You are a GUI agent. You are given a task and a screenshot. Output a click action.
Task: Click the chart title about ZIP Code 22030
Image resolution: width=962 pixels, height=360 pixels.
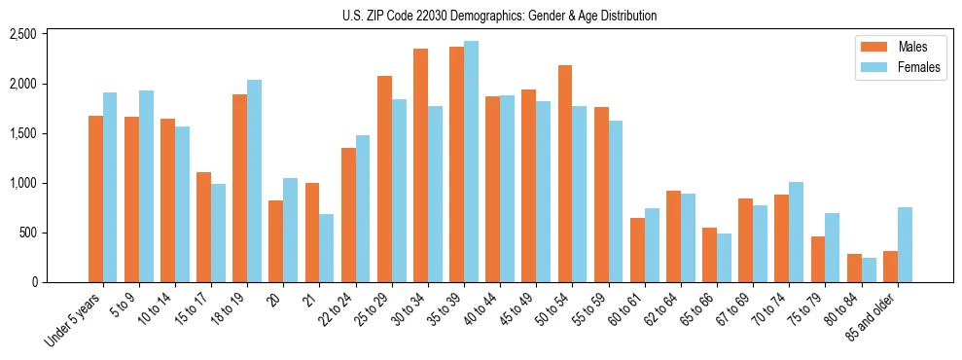[500, 16]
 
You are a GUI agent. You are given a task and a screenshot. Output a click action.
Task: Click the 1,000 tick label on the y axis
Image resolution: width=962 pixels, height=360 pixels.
[22, 183]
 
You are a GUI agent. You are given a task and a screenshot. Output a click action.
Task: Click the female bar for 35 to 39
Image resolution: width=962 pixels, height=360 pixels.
[471, 162]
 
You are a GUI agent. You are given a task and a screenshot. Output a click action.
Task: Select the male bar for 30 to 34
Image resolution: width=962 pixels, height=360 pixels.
[420, 165]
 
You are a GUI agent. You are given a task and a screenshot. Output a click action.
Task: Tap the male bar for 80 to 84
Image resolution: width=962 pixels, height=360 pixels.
[854, 268]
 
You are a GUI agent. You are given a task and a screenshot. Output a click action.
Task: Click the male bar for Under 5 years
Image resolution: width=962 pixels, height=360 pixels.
[95, 198]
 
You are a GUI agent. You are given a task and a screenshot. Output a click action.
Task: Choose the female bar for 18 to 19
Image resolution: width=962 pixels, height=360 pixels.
[254, 181]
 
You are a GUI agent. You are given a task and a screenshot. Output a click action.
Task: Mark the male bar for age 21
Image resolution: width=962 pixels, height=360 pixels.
[312, 233]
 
